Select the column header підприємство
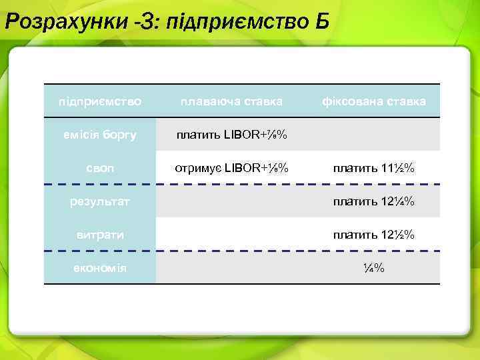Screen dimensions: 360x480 (x=100, y=102)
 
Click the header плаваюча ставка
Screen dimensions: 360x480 (x=231, y=102)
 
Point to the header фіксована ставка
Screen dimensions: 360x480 (x=374, y=102)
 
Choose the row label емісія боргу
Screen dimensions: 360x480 (x=100, y=135)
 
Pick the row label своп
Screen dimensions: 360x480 (x=100, y=168)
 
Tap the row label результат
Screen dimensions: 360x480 (x=100, y=201)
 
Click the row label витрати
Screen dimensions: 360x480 (x=100, y=234)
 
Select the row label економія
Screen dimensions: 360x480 (x=100, y=267)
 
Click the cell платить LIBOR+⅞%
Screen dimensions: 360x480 (x=231, y=135)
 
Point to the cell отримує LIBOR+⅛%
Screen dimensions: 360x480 (x=231, y=168)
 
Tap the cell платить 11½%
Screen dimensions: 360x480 (x=374, y=168)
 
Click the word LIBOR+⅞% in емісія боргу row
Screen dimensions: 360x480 (x=255, y=135)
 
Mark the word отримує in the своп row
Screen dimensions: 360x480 (x=197, y=168)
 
